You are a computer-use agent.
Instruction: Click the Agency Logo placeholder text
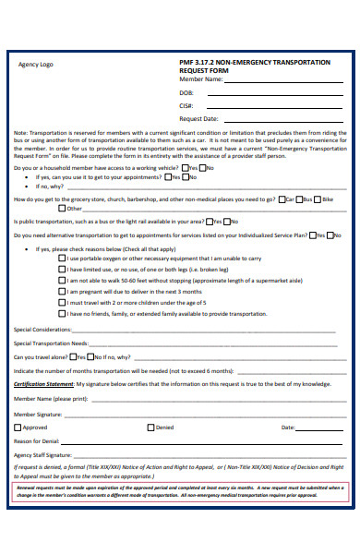point(34,65)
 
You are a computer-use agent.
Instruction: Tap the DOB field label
point(186,92)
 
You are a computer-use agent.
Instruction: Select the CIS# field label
point(186,105)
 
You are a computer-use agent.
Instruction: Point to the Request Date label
point(198,118)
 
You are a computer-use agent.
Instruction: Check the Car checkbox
point(282,199)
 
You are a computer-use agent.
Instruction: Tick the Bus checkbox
point(301,199)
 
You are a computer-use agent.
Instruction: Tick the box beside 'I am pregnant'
point(62,291)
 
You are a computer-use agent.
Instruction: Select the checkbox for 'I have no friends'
point(62,312)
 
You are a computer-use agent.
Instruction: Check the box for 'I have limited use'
point(62,270)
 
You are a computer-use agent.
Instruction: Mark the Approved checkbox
point(18,428)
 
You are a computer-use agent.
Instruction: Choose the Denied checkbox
point(151,428)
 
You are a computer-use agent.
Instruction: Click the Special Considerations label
point(42,330)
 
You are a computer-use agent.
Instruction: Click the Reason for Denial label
point(37,441)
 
